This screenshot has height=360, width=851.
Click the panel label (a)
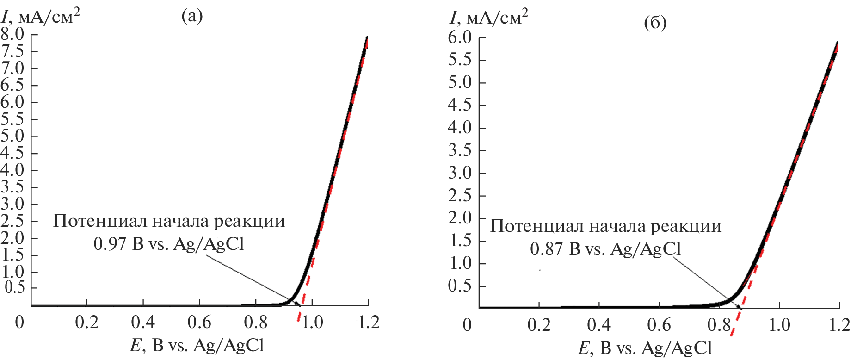click(x=192, y=16)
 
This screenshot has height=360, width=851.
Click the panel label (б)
click(x=655, y=23)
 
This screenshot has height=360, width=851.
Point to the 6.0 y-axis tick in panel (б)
click(x=460, y=37)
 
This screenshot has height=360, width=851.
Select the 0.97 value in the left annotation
click(x=109, y=244)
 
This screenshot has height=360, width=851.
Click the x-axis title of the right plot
click(x=645, y=348)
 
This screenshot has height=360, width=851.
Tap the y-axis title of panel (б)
click(x=489, y=17)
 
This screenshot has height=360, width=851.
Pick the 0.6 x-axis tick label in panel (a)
click(x=199, y=323)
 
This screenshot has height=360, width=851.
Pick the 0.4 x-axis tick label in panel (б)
click(x=599, y=325)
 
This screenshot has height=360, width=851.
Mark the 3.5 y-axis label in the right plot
click(x=460, y=150)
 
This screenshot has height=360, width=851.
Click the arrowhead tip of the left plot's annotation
click(x=300, y=305)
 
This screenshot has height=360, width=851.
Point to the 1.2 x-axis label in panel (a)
click(x=369, y=323)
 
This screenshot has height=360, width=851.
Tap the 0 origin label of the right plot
click(x=467, y=325)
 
